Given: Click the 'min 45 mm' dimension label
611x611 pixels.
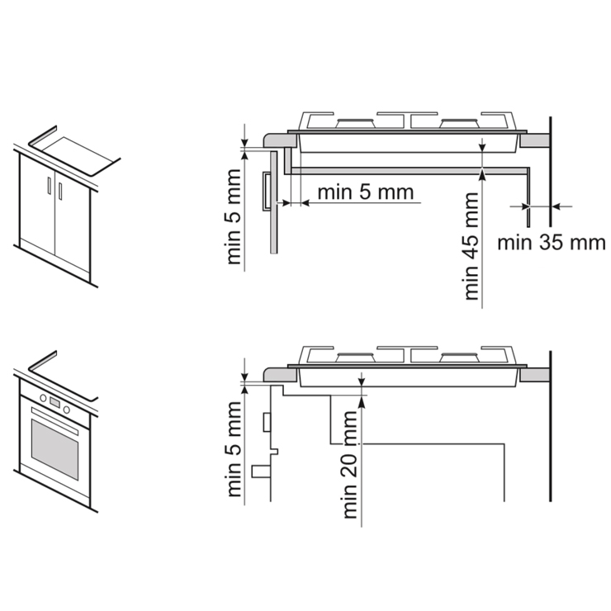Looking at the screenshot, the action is (472, 246).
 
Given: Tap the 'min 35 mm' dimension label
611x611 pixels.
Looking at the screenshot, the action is (552, 243).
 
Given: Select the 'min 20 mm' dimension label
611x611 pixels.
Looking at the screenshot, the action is (350, 465).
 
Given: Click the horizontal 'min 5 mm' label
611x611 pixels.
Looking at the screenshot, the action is (366, 192).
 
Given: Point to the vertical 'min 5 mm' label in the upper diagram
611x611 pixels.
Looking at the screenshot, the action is (234, 216).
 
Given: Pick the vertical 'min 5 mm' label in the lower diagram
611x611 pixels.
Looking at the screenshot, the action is (234, 449).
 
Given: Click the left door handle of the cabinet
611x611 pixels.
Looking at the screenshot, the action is (49, 185).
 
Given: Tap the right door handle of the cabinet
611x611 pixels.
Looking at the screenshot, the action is (60, 191).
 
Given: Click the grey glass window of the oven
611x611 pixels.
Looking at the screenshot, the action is (55, 449).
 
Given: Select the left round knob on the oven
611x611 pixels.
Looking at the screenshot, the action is (43, 398).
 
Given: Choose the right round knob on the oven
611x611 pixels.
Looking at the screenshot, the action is (67, 410).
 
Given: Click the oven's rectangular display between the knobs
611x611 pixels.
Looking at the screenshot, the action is (55, 403).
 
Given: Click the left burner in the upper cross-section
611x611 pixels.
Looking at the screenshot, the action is (356, 124).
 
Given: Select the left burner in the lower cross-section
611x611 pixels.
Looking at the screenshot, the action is (356, 357).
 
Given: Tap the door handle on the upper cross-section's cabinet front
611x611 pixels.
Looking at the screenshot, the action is (267, 192).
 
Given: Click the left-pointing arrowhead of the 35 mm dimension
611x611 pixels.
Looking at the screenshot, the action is (557, 206).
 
